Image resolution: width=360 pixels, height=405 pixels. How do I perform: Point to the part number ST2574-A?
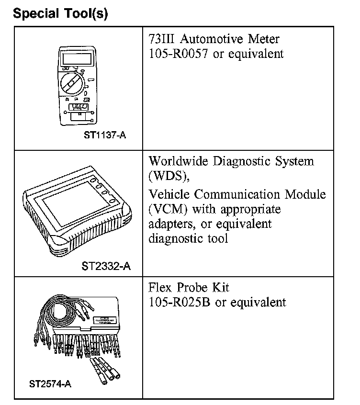point(50,383)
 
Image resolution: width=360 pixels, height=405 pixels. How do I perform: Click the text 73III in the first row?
point(160,38)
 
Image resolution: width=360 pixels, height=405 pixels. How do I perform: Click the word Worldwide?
point(178,161)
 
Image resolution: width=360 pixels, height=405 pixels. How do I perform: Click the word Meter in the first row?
point(262,38)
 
